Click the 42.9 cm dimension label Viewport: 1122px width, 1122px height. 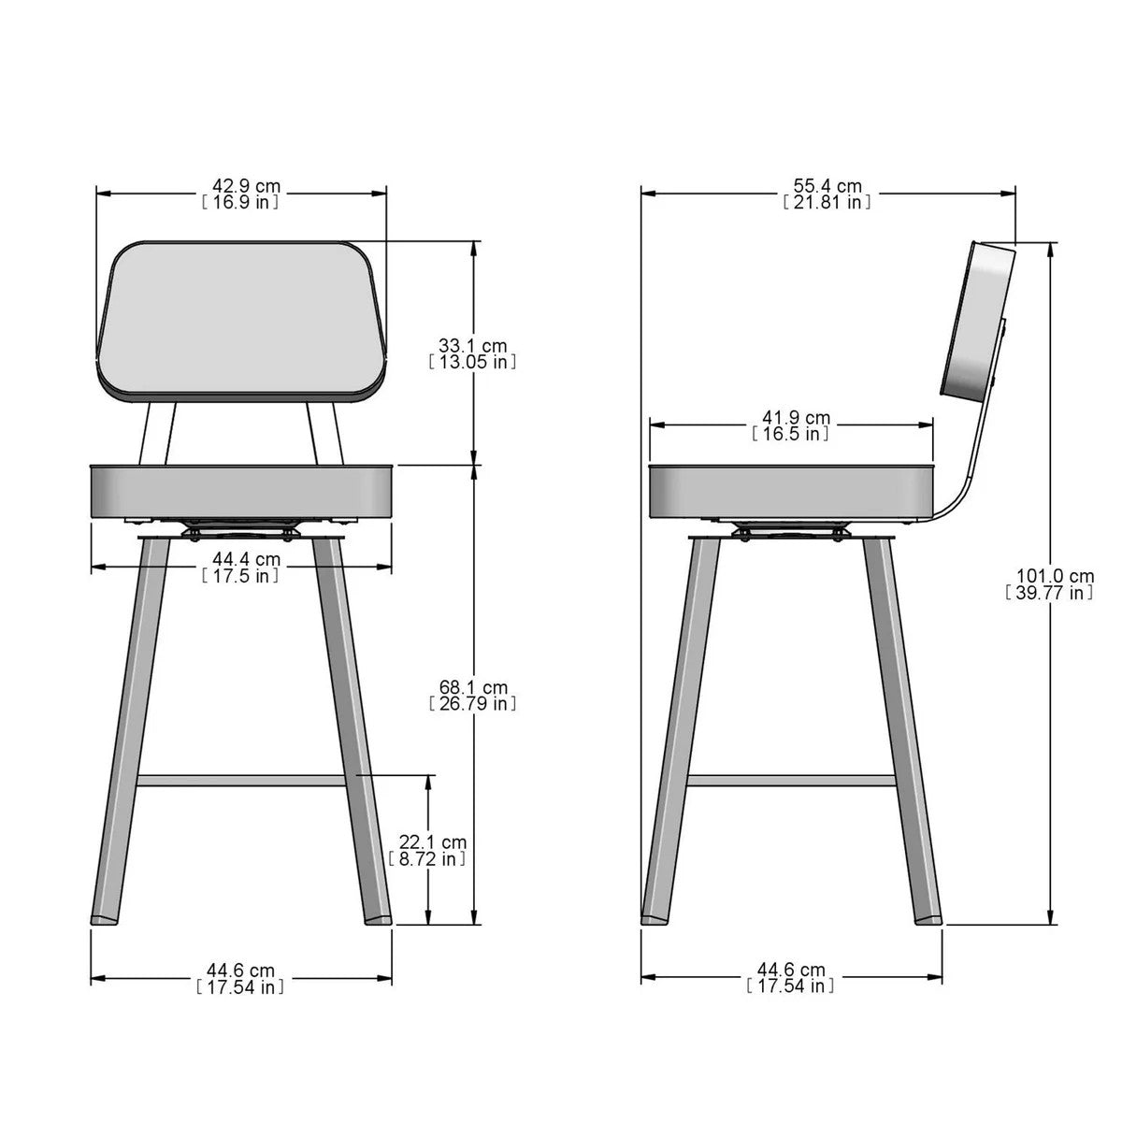[x=240, y=194]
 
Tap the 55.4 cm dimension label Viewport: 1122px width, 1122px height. [x=827, y=194]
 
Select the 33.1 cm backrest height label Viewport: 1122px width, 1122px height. [x=472, y=352]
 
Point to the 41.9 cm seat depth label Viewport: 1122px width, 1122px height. [x=790, y=425]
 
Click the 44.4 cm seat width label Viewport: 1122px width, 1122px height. [x=240, y=568]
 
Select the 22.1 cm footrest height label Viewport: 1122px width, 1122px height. [x=427, y=851]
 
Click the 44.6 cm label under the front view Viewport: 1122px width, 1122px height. [x=240, y=979]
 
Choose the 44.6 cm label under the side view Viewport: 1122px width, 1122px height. [x=790, y=979]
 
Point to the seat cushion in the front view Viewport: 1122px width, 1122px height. [x=241, y=491]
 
